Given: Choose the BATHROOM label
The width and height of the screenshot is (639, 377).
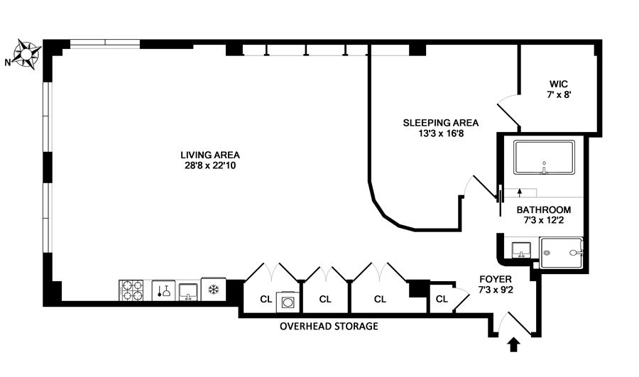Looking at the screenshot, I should [544, 210].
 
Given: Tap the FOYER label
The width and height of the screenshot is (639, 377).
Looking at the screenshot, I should [496, 279].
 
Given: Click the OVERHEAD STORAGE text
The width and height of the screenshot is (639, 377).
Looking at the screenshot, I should [329, 327].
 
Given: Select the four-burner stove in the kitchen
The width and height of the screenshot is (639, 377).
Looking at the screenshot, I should [131, 291].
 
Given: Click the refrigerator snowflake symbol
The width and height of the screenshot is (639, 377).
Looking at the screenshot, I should [212, 290].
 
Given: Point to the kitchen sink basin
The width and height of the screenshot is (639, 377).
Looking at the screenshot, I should [189, 290].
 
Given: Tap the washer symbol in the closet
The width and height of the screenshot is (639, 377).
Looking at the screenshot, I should [288, 301].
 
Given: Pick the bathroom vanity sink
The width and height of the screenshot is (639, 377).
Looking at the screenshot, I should [521, 250].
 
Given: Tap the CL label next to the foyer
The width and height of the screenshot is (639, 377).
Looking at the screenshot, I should [442, 299].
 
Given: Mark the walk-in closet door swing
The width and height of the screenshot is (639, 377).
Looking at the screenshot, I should [508, 109].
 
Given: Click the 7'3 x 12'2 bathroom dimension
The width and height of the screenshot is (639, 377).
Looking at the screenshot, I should [544, 222].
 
